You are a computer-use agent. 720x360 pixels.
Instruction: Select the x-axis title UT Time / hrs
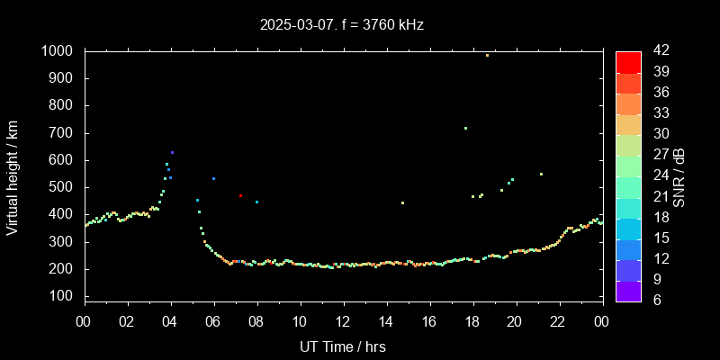tap(342, 346)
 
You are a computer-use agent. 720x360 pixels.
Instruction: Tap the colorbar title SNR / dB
tap(679, 176)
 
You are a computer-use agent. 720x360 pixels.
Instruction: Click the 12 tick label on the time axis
tap(342, 322)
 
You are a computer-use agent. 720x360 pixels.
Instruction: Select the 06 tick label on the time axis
tap(213, 322)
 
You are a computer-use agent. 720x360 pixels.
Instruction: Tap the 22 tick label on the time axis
tap(557, 322)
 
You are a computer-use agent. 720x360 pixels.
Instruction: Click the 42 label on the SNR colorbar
tap(660, 51)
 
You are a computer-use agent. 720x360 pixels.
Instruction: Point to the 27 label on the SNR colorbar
tap(660, 155)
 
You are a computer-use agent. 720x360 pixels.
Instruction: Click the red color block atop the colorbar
tap(628, 61)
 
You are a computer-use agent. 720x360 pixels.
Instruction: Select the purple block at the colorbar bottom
tap(628, 290)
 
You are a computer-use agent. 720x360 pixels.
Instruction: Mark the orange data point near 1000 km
tap(487, 55)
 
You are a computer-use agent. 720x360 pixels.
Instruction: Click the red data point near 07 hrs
tap(240, 195)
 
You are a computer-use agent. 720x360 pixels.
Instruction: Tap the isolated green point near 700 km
tap(465, 128)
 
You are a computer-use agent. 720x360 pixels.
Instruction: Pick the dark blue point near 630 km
tap(172, 152)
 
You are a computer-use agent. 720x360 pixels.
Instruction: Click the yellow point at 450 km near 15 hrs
tap(402, 202)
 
